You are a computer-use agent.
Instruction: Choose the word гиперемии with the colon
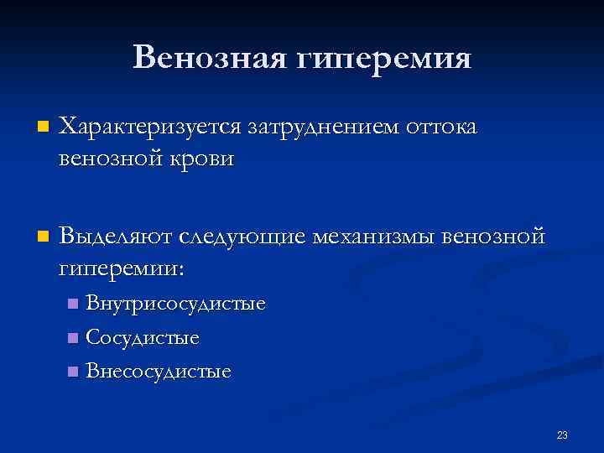[122, 269]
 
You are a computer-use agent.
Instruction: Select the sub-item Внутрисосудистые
[176, 304]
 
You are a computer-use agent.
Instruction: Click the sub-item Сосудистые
[143, 338]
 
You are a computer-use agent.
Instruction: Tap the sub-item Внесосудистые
[159, 371]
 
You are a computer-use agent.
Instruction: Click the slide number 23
[562, 435]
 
